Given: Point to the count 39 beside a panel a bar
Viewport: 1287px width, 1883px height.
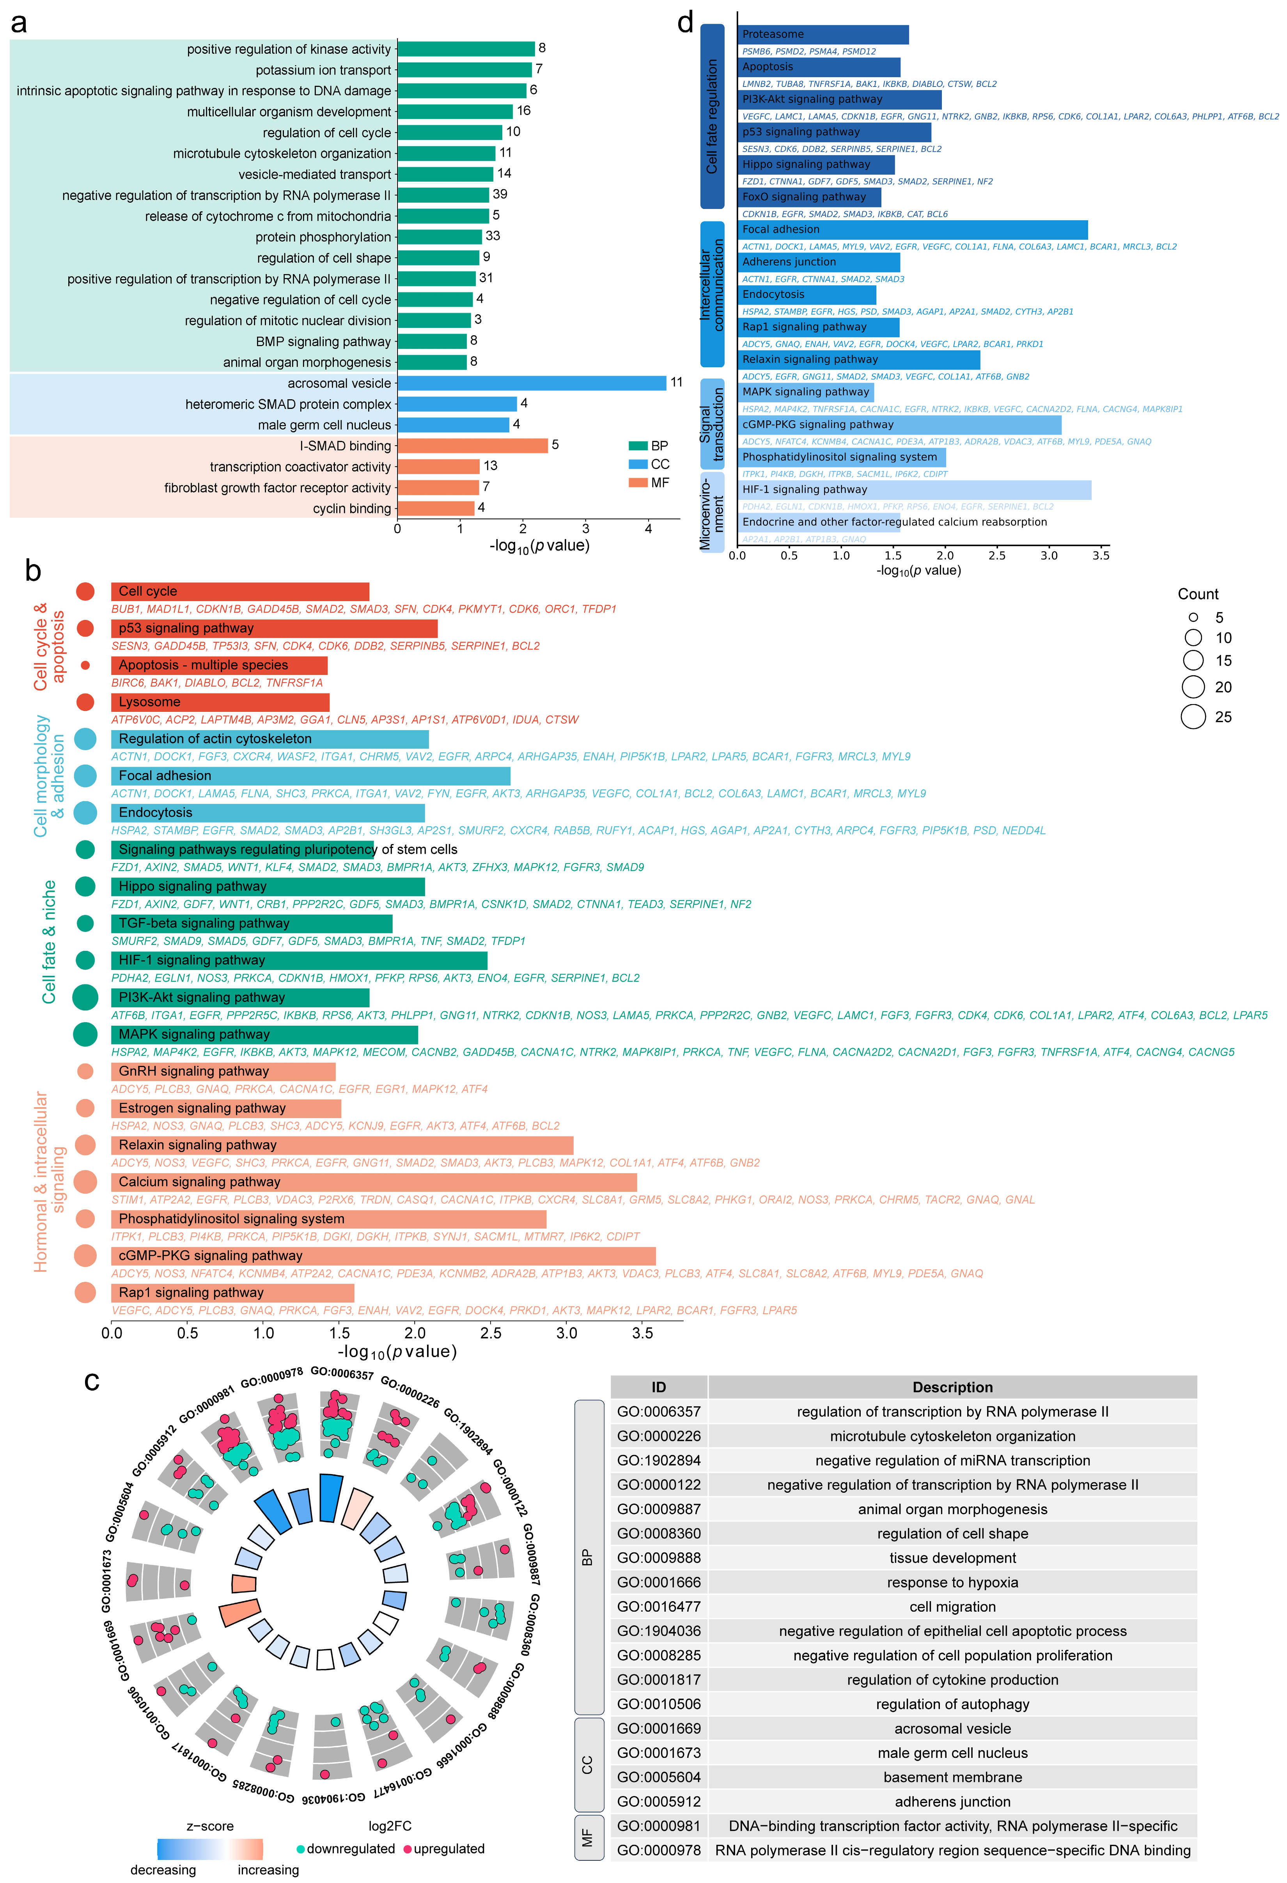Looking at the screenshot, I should (x=500, y=195).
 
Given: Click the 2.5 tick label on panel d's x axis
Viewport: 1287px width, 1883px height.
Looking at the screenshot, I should (x=997, y=556).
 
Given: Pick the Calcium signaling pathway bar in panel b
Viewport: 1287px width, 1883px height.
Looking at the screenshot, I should (x=374, y=1182).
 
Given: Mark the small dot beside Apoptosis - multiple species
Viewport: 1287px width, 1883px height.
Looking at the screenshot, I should (x=85, y=665).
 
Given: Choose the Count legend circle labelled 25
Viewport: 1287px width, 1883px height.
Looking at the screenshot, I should (x=1193, y=717).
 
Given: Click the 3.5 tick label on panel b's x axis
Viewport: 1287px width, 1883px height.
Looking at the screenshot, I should (x=643, y=1333).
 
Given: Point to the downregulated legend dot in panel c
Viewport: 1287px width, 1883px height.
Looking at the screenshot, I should (x=301, y=1849).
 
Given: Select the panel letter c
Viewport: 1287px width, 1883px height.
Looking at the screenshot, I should (x=92, y=1382).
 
